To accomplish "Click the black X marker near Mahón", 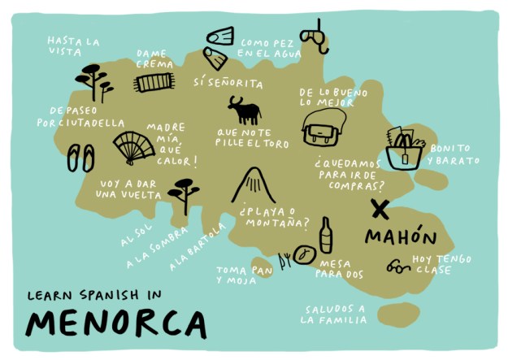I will tap(379, 209).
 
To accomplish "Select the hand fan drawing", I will tap(133, 147).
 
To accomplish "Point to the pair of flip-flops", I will tap(80, 157).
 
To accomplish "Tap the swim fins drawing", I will tap(219, 47).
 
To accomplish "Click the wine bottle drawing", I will tap(325, 236).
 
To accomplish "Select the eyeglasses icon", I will tap(398, 265).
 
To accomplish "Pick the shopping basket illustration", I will tap(404, 147).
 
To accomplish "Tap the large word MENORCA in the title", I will tap(115, 323).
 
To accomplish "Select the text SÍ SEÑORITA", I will tap(228, 83).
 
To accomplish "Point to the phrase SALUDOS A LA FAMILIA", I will tap(335, 314).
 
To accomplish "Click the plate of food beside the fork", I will tap(304, 254).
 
